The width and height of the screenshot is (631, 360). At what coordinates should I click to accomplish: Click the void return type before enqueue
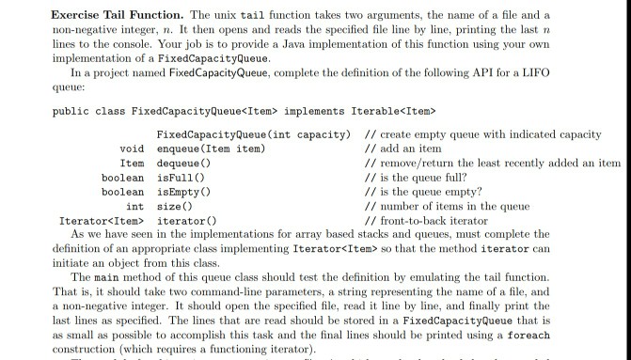point(133,149)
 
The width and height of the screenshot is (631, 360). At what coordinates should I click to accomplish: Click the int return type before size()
point(135,205)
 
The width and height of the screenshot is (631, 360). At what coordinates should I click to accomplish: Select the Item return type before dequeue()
point(133,163)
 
